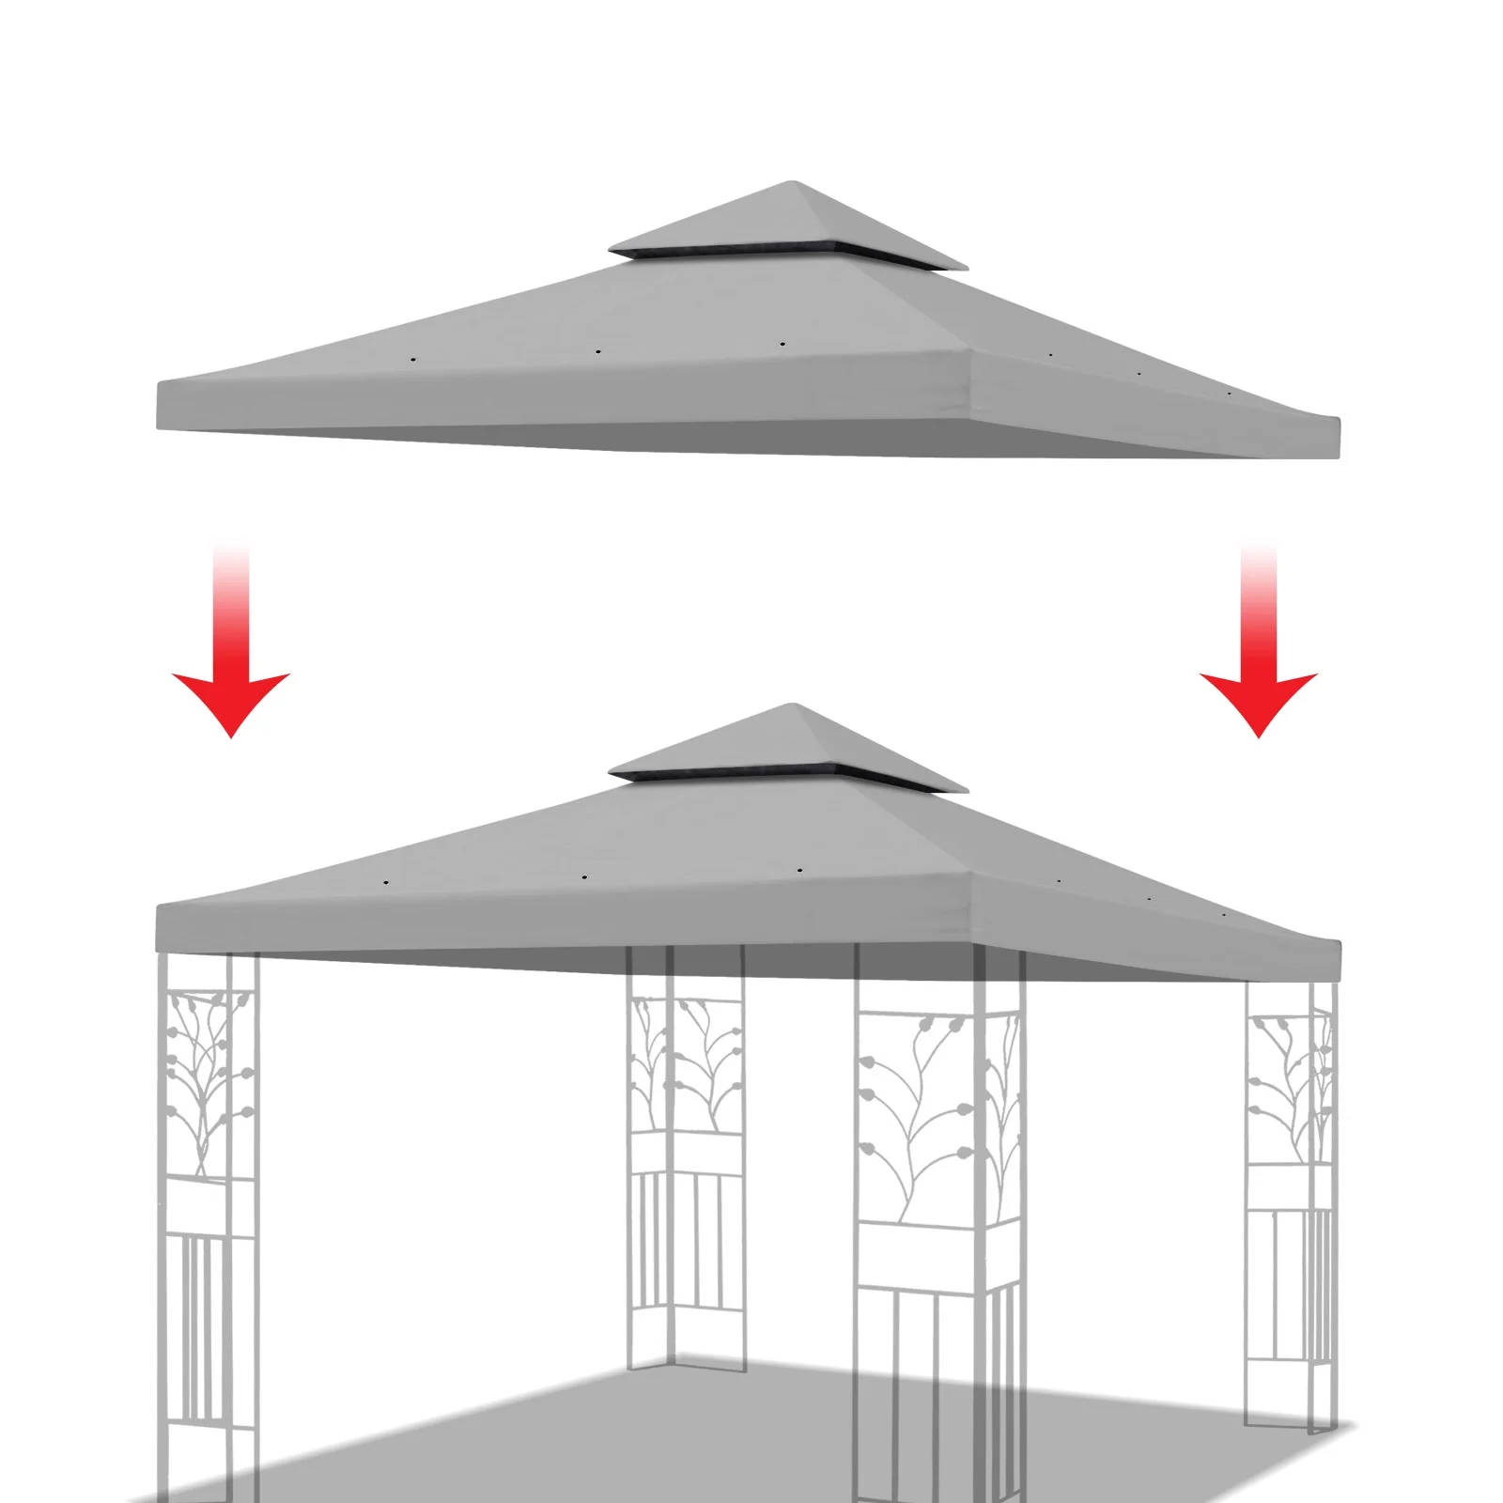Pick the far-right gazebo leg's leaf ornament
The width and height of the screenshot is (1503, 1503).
[1292, 1090]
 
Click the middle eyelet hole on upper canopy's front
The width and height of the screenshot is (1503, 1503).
[597, 352]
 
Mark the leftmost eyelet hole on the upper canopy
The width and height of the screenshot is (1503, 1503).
[411, 359]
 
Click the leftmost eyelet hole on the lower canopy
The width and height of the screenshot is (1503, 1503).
[385, 883]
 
